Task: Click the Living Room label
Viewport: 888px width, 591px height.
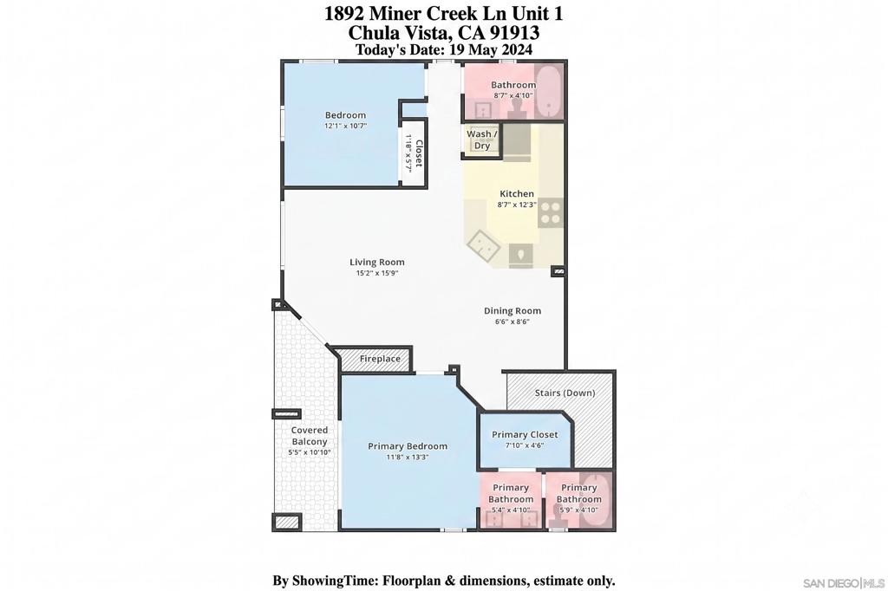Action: click(376, 262)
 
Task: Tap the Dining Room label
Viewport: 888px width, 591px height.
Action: click(512, 311)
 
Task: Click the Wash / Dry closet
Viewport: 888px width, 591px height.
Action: click(482, 140)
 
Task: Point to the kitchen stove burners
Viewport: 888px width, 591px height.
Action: click(550, 213)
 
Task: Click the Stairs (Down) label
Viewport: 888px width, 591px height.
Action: click(565, 393)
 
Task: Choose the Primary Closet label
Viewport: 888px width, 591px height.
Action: click(525, 435)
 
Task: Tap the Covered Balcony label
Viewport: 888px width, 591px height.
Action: click(310, 436)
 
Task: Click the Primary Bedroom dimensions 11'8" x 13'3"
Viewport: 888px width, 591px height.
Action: click(408, 457)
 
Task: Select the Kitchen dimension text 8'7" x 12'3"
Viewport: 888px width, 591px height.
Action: click(517, 205)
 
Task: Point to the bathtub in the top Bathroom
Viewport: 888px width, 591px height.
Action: click(549, 91)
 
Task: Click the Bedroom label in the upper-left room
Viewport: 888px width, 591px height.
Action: click(345, 115)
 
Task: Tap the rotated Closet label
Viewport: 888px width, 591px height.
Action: click(419, 153)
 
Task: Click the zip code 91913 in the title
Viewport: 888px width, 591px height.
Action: click(515, 32)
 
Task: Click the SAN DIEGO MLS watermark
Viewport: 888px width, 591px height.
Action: click(844, 583)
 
